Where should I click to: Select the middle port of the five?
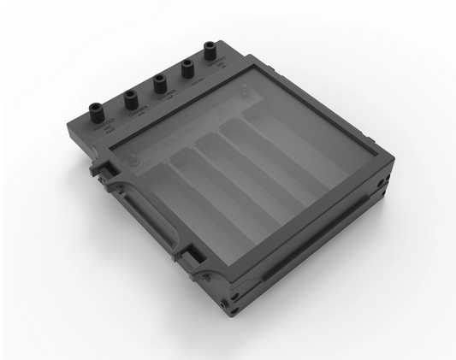pos(160,82)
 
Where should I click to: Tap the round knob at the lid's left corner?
pos(133,156)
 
